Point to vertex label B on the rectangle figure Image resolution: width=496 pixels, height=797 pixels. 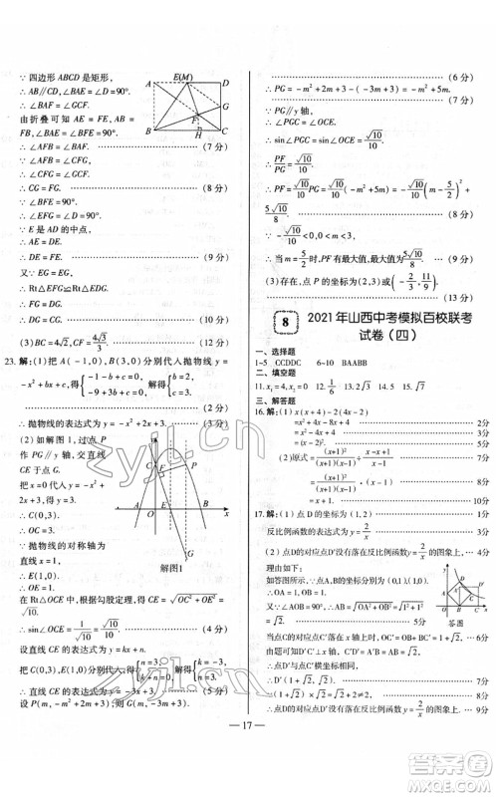point(148,131)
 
